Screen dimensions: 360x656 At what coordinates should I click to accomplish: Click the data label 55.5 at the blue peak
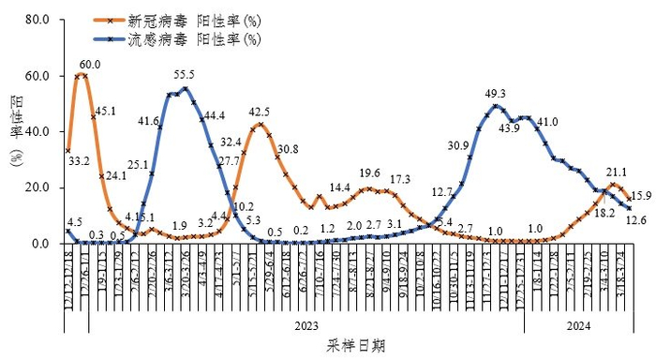pos(185,75)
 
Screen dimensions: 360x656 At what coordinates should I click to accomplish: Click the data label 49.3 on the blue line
pos(495,94)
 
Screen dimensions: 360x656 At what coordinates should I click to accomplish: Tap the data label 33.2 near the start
pos(80,161)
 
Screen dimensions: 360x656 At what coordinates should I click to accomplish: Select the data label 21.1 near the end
pos(617,172)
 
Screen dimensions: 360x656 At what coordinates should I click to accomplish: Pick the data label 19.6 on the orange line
pos(370,173)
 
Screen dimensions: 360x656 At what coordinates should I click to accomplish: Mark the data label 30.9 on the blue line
pos(458,145)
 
